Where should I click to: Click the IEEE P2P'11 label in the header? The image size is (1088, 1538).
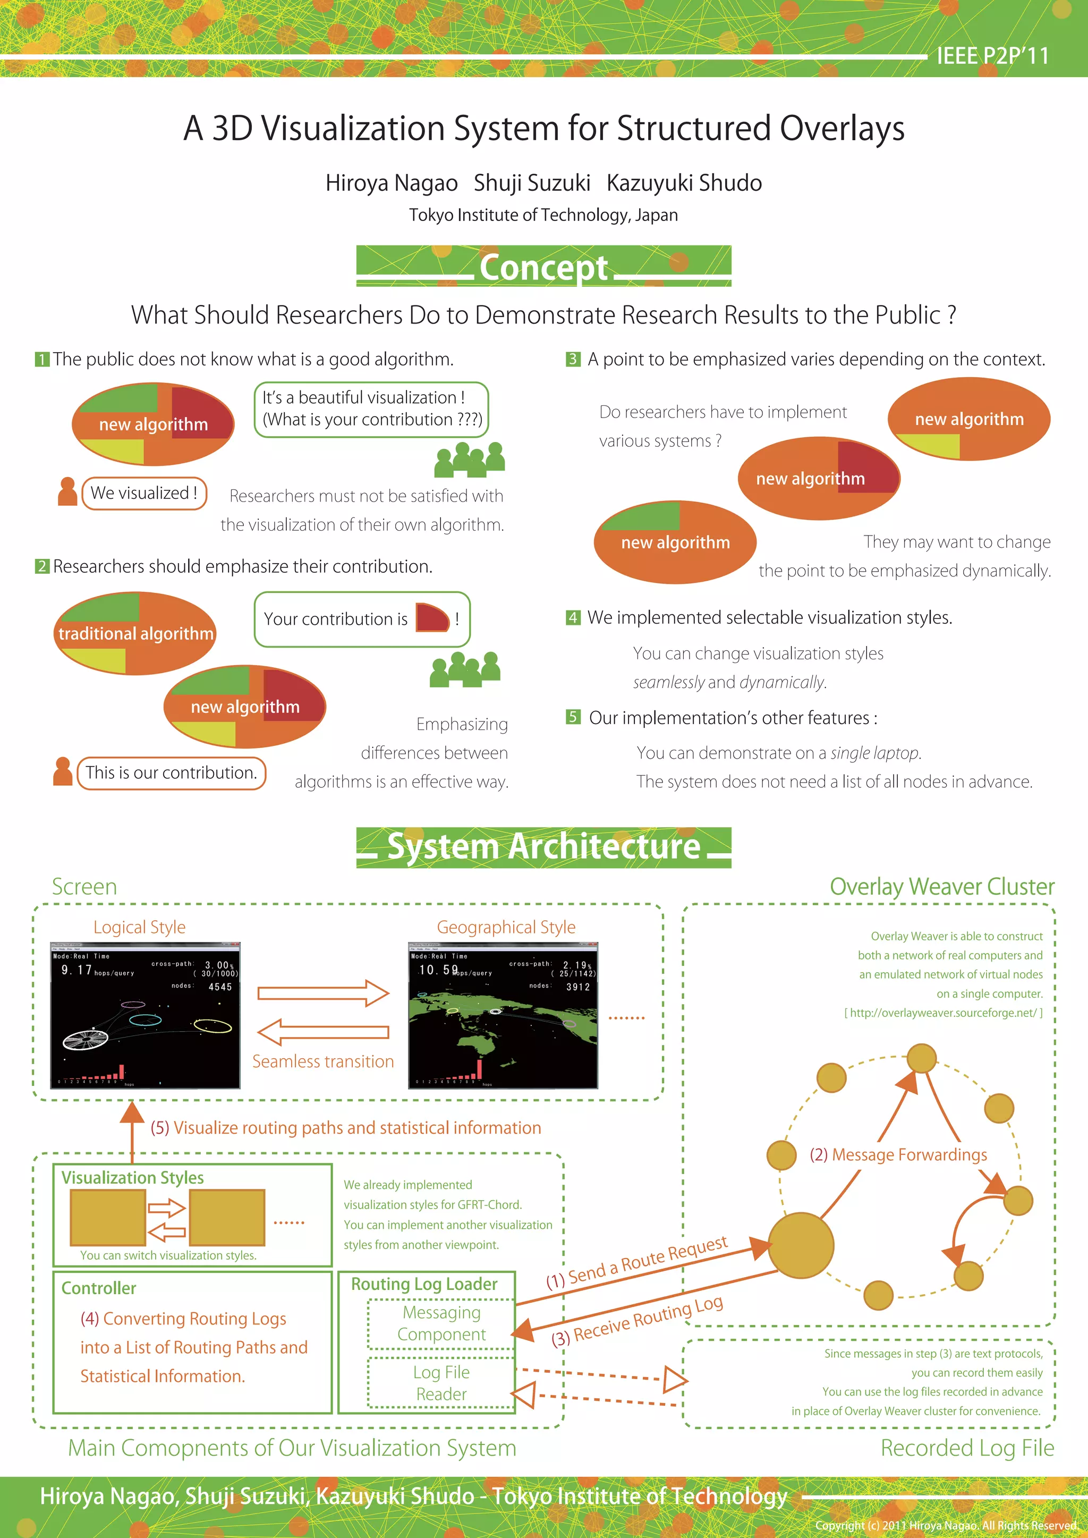[992, 56]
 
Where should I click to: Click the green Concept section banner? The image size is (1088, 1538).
[543, 267]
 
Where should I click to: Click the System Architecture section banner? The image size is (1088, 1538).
[543, 847]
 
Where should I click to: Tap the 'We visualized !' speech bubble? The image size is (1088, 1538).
[144, 493]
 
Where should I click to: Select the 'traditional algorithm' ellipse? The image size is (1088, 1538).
[135, 633]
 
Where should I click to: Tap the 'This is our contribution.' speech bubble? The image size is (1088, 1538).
[171, 773]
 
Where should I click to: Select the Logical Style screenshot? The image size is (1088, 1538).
[146, 1016]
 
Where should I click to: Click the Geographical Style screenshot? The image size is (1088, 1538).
[503, 1016]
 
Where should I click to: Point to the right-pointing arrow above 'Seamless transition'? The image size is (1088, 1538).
[323, 993]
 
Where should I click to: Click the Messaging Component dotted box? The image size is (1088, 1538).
[441, 1324]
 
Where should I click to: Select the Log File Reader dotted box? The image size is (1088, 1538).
[441, 1383]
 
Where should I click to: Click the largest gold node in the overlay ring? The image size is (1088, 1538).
[801, 1246]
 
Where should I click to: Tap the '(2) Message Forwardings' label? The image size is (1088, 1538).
[898, 1155]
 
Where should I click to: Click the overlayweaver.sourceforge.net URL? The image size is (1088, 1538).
[943, 1013]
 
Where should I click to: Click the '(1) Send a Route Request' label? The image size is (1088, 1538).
[636, 1263]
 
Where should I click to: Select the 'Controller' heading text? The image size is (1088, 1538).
[98, 1288]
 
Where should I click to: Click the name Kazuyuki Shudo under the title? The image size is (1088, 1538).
[684, 183]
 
